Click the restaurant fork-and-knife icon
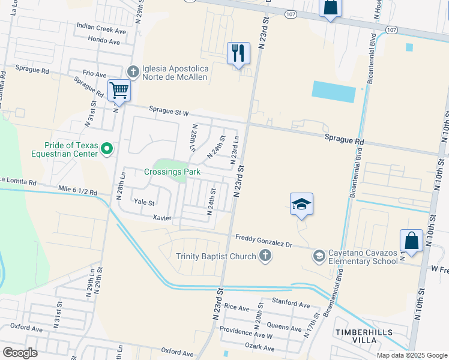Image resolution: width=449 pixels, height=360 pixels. point(238,53)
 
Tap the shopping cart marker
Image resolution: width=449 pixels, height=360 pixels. point(119,91)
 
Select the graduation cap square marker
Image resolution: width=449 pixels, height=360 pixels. point(301,204)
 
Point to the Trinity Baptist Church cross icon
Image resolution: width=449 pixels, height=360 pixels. point(265,257)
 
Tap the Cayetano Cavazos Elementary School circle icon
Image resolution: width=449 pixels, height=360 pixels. point(319,256)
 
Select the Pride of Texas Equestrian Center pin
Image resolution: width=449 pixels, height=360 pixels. point(107,148)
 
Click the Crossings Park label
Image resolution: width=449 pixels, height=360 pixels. point(172,172)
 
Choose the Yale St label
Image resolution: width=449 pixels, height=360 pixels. point(144,203)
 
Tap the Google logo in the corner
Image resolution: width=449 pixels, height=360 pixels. point(20,352)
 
